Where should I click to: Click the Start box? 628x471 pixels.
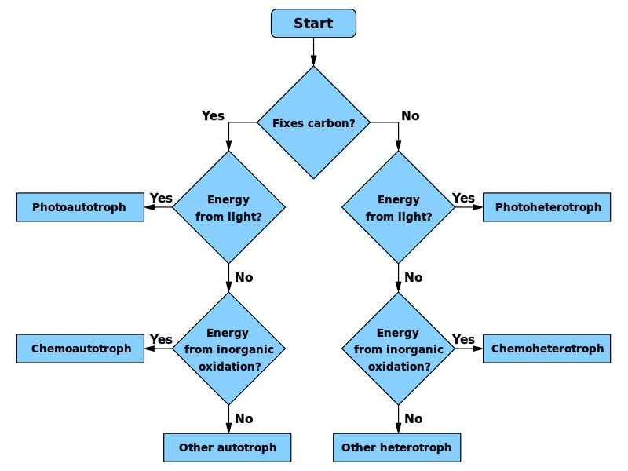click(313, 24)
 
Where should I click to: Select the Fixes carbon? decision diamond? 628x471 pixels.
click(313, 122)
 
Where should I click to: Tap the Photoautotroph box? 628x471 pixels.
click(80, 207)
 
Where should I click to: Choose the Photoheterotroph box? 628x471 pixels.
click(546, 207)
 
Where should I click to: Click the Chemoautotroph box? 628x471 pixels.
click(80, 349)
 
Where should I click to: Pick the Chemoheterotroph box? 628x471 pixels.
click(546, 349)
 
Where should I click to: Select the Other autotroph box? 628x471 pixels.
click(228, 447)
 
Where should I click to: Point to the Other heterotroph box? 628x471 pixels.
click(396, 447)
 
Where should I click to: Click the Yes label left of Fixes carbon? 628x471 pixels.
click(213, 116)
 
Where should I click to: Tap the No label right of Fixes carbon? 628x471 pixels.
click(410, 116)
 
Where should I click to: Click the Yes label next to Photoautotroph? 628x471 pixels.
click(161, 199)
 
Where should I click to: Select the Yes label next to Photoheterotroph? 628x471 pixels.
click(463, 199)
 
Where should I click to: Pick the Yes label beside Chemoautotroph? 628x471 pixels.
click(161, 340)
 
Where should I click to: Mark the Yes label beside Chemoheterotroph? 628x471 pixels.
click(463, 340)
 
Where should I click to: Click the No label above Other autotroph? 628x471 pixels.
click(243, 418)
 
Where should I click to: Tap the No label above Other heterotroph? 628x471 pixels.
click(413, 418)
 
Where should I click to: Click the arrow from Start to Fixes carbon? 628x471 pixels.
click(313, 52)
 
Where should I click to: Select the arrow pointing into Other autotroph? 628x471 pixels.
click(228, 420)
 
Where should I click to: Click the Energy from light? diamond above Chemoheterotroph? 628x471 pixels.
click(398, 207)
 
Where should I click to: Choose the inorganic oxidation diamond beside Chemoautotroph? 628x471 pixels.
click(228, 349)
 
